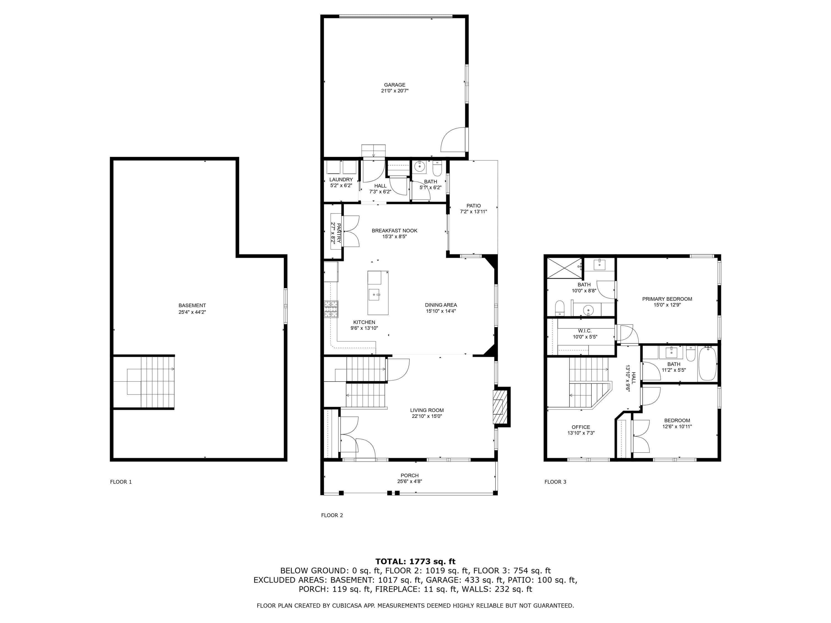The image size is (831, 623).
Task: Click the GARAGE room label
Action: click(394, 85)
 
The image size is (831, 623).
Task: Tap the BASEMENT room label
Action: click(192, 306)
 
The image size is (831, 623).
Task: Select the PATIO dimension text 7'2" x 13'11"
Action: click(473, 212)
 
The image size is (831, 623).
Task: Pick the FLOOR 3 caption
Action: click(555, 482)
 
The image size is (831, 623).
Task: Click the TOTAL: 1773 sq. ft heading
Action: click(415, 562)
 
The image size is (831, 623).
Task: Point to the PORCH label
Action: click(409, 475)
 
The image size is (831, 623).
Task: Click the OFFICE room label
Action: click(581, 427)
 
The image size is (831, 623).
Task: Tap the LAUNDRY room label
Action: click(341, 179)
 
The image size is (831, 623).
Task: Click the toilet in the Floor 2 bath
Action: click(437, 169)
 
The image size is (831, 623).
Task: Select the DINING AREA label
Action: click(441, 305)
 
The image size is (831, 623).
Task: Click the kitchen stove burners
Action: click(331, 309)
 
